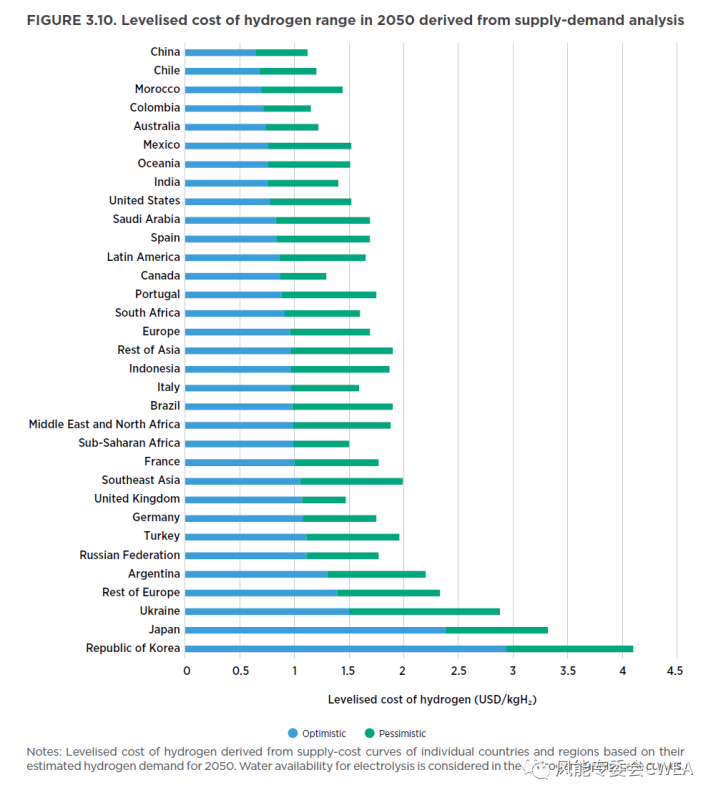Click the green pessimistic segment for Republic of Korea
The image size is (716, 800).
click(x=570, y=648)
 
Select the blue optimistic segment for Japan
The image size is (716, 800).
click(x=315, y=630)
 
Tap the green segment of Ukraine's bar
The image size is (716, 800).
click(x=424, y=611)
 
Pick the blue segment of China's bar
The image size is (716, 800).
click(x=220, y=52)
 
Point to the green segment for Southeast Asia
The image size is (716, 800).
click(x=351, y=481)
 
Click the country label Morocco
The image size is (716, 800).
click(x=157, y=89)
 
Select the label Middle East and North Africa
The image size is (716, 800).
click(x=105, y=424)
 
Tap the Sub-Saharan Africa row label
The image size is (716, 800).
click(x=130, y=443)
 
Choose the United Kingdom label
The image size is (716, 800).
click(x=137, y=499)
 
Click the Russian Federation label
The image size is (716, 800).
click(x=130, y=555)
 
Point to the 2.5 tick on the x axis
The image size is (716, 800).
click(x=457, y=671)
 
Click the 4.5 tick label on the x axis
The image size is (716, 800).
click(x=674, y=671)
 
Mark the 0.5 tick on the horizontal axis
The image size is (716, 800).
click(x=240, y=671)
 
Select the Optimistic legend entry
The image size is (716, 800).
click(x=319, y=733)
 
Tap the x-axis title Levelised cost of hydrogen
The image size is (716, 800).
click(x=431, y=699)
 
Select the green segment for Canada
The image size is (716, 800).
click(x=303, y=276)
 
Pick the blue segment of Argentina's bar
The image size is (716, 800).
click(x=257, y=574)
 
